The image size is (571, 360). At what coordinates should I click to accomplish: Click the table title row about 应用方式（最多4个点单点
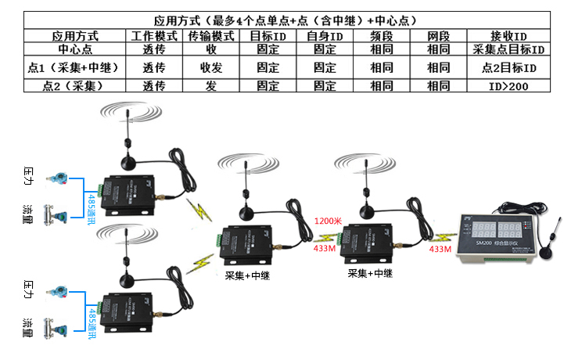click(285, 20)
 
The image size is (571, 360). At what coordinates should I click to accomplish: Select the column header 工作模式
click(154, 36)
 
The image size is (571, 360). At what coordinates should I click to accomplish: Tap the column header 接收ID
click(508, 36)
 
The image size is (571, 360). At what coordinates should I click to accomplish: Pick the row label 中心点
click(75, 50)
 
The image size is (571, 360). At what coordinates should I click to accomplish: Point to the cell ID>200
click(508, 86)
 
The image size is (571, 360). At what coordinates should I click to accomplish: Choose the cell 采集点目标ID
click(508, 50)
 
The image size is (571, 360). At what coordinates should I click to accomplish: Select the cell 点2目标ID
click(508, 67)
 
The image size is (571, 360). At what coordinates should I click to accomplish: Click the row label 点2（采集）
click(75, 86)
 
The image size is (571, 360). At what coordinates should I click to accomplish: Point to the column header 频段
click(382, 36)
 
